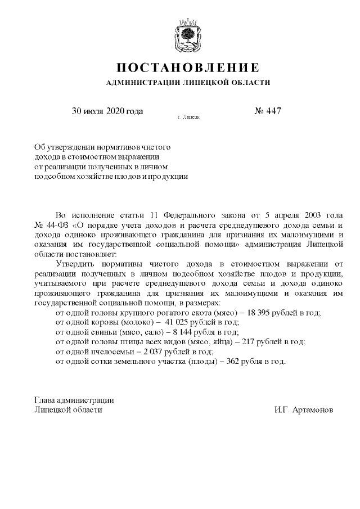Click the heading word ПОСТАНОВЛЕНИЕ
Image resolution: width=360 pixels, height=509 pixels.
(x=188, y=68)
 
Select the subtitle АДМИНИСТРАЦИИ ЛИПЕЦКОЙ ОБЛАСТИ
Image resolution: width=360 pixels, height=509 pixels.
(x=188, y=83)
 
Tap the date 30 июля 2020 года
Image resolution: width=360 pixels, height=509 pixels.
(x=107, y=111)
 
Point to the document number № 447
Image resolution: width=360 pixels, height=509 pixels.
(x=268, y=111)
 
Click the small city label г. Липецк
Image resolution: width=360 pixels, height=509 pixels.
(x=188, y=118)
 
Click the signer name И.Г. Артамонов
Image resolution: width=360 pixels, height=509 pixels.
(x=304, y=410)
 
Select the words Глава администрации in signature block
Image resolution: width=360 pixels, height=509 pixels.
(x=74, y=400)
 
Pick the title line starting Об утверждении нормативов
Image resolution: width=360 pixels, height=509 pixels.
(x=102, y=146)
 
